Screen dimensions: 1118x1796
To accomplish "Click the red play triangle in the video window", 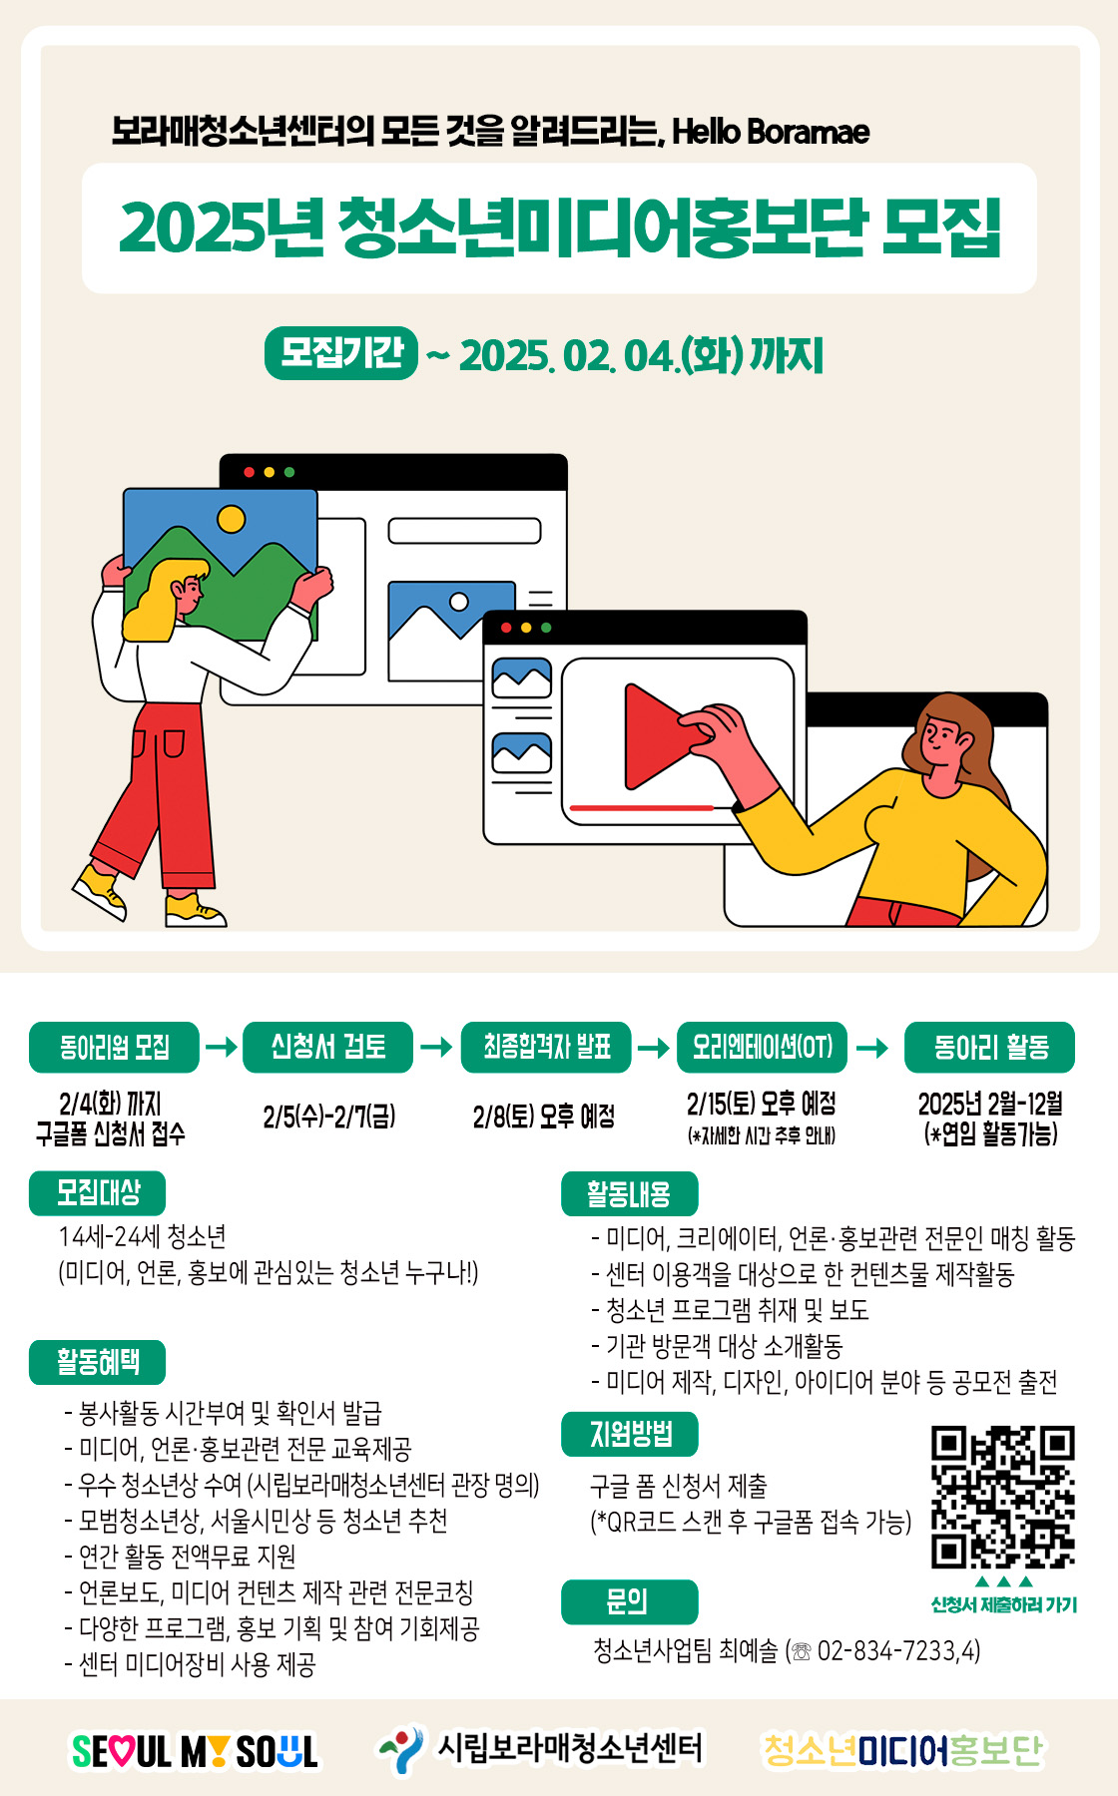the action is (654, 736).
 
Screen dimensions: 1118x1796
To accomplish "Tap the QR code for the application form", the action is (1002, 1497).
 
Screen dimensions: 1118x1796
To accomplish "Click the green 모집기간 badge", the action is (341, 353).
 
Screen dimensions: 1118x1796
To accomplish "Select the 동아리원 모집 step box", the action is (114, 1047).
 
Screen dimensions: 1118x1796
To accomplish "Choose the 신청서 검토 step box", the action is (327, 1047).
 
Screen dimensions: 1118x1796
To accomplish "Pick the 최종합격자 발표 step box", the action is (546, 1047).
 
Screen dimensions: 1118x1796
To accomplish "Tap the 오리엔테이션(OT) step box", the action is (762, 1047).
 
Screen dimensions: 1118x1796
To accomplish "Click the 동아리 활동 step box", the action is (990, 1047).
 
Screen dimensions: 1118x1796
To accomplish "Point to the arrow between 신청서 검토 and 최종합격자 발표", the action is (436, 1047).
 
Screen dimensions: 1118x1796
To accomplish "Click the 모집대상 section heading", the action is (97, 1193).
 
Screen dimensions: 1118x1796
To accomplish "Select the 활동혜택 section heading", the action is (97, 1363).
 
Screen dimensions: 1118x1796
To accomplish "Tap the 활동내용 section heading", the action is (629, 1193).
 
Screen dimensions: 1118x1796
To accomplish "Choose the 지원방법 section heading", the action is (629, 1434).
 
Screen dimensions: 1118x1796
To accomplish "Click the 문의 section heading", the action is (629, 1601).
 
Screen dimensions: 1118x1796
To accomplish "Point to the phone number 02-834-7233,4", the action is (897, 1651).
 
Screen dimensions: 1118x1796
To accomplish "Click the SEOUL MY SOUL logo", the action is (195, 1751).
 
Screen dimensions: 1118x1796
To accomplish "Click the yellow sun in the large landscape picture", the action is (232, 519).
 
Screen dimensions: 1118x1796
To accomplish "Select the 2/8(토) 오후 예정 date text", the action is (544, 1116).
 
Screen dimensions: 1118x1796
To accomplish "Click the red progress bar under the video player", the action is (642, 807).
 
